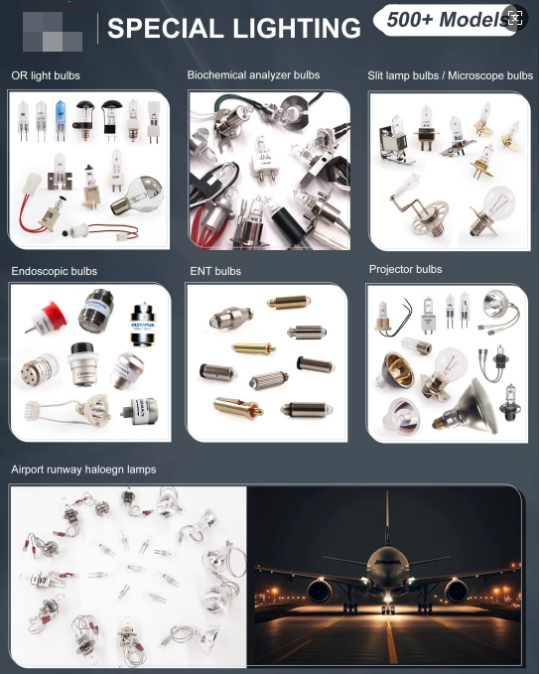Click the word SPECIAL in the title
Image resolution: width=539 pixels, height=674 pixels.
click(159, 29)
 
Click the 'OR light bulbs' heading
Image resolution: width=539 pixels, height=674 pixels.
click(46, 75)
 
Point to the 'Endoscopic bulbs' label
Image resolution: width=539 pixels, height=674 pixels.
click(54, 270)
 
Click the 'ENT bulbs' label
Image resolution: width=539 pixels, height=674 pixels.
click(214, 271)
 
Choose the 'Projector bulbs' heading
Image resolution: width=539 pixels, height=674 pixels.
click(405, 269)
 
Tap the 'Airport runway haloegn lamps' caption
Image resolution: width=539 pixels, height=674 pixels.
click(83, 470)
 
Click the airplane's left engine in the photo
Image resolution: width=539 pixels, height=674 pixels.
click(321, 592)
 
